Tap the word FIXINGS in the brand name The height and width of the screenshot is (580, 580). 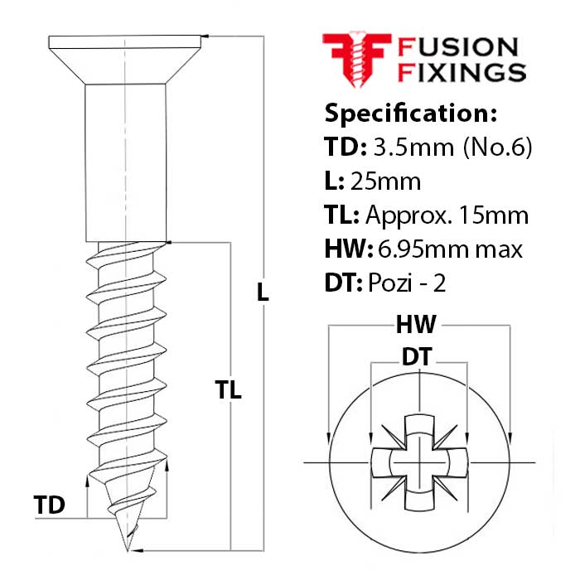(x=462, y=72)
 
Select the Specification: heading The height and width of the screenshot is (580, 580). (x=410, y=113)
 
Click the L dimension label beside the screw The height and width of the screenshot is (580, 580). (x=263, y=292)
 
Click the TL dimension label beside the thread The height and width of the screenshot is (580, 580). (x=228, y=391)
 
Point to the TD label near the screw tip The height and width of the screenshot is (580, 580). (x=50, y=505)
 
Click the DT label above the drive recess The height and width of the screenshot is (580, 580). (x=420, y=357)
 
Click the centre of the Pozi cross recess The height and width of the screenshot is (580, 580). (x=420, y=460)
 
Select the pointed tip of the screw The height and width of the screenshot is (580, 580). (x=126, y=544)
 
